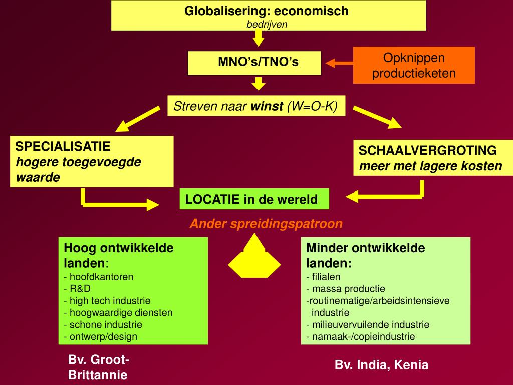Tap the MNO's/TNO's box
pos(254,62)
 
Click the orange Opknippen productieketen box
pos(414,65)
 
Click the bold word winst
pos(267,106)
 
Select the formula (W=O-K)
pos(313,106)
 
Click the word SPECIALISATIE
pos(63,147)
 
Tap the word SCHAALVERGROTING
pos(428,150)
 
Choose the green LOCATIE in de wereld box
pos(254,199)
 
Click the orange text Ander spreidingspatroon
pos(266,224)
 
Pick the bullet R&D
pos(80,289)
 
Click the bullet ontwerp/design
pos(103,337)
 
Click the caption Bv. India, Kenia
pos(382,365)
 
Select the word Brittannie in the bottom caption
pos(98,375)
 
